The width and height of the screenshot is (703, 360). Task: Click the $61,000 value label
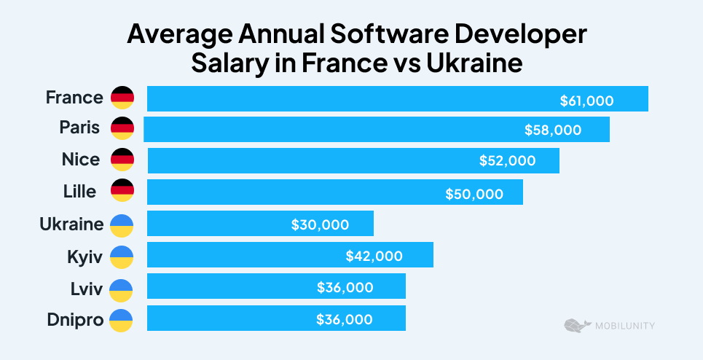(586, 101)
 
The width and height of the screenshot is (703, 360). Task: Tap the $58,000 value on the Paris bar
(553, 130)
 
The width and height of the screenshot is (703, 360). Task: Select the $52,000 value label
(507, 161)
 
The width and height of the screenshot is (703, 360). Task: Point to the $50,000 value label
(474, 194)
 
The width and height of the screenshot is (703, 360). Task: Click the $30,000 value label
(320, 225)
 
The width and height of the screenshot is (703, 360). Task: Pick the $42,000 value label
(374, 256)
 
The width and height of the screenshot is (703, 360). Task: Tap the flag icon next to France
(122, 98)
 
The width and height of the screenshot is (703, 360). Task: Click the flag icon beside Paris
(122, 128)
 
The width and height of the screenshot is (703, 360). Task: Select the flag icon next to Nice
(122, 160)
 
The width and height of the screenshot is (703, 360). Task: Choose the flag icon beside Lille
(122, 191)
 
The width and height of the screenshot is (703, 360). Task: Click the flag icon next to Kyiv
(122, 257)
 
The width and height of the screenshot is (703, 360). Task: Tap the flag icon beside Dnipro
(122, 319)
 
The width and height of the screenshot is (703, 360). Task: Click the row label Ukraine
(71, 224)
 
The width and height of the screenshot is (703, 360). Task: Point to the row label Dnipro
(76, 318)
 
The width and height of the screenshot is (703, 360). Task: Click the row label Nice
(81, 160)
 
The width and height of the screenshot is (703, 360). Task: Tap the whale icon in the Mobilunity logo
(576, 325)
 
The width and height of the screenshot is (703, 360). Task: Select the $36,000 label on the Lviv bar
(345, 287)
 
